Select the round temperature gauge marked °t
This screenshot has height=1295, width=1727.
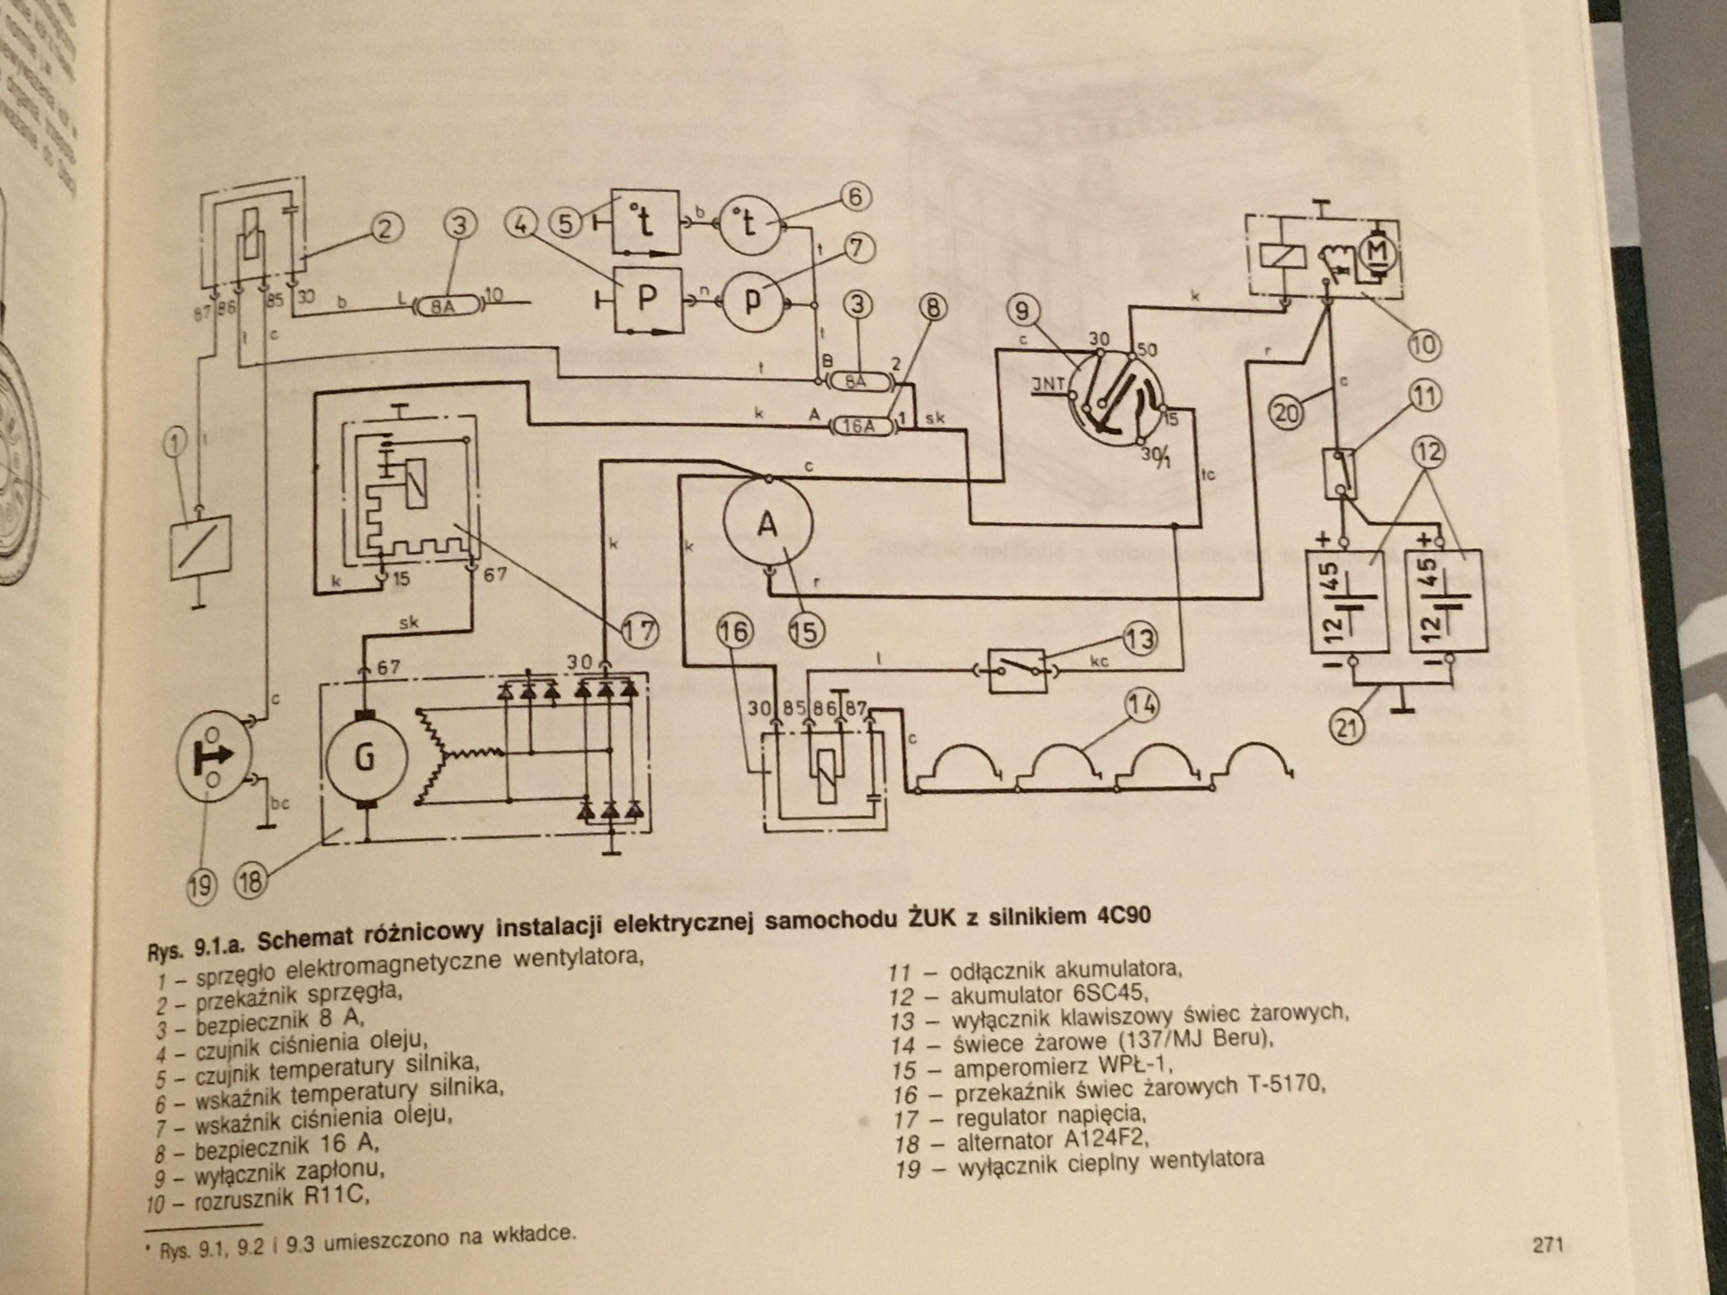(x=748, y=224)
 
